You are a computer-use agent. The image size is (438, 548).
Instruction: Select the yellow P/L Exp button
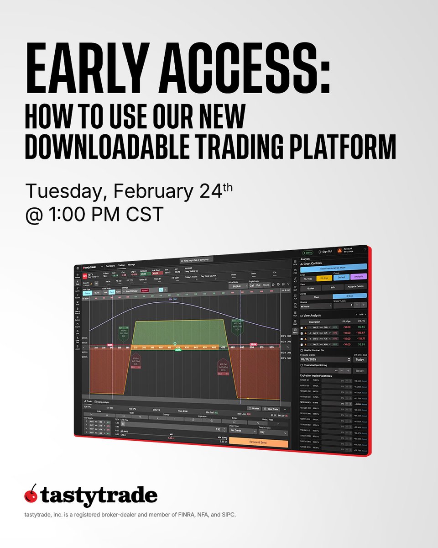[324, 278]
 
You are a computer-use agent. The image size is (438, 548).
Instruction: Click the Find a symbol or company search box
[196, 259]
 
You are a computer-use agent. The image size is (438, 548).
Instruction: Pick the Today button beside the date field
[359, 359]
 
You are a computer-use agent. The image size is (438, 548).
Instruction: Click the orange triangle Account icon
[339, 251]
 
